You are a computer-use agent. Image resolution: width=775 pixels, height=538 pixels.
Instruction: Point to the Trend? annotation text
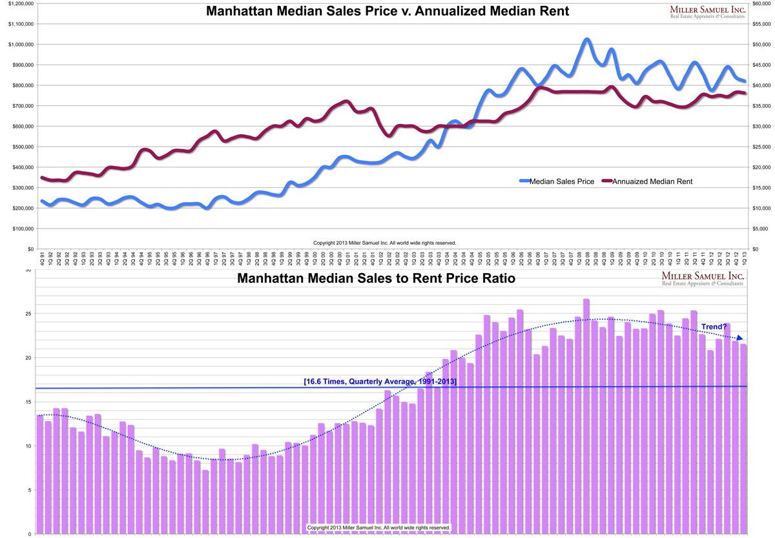point(714,327)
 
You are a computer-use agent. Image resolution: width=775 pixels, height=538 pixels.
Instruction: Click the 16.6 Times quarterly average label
point(380,382)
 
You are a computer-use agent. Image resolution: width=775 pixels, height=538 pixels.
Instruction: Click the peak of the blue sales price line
point(586,40)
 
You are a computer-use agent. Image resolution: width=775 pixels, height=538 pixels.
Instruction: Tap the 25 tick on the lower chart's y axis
point(28,314)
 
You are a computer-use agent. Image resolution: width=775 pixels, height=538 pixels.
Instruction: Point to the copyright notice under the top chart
point(384,243)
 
